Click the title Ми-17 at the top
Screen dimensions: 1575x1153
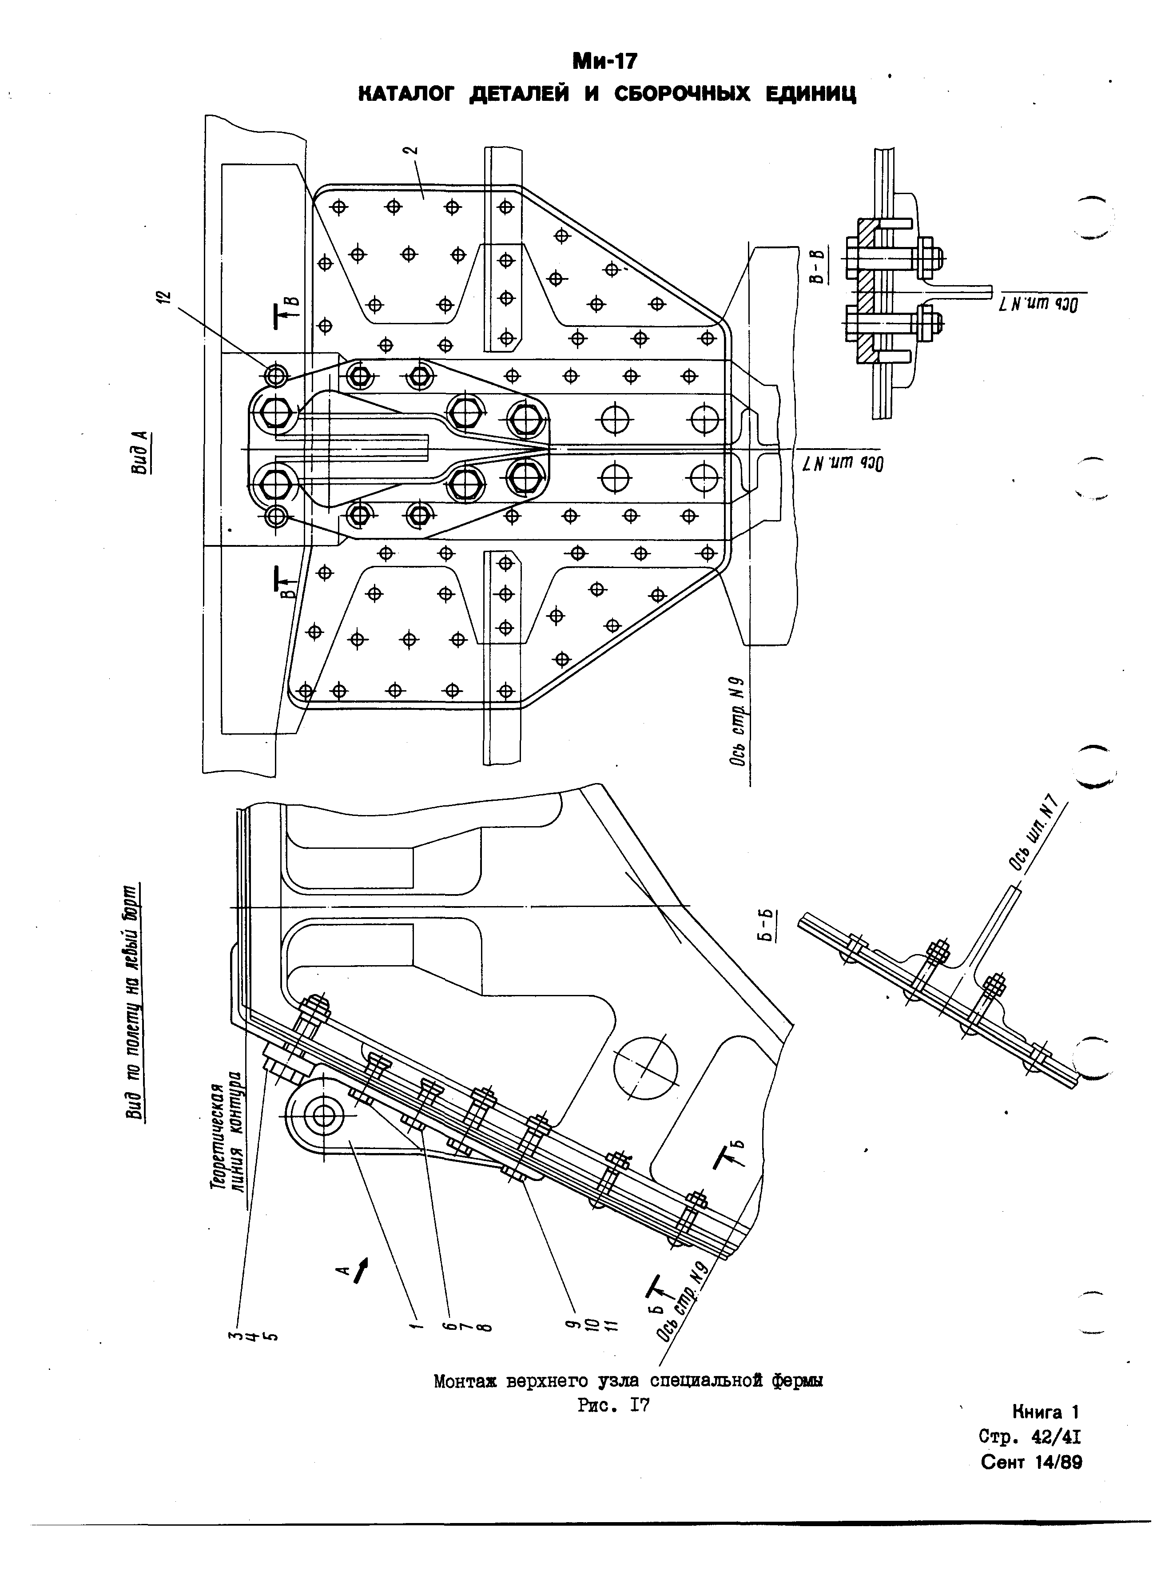(604, 61)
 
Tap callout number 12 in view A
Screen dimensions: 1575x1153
(165, 298)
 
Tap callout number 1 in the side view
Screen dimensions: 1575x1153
(416, 1324)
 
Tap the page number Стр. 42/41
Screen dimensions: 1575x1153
(1030, 1437)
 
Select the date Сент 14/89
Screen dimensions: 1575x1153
(1031, 1462)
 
